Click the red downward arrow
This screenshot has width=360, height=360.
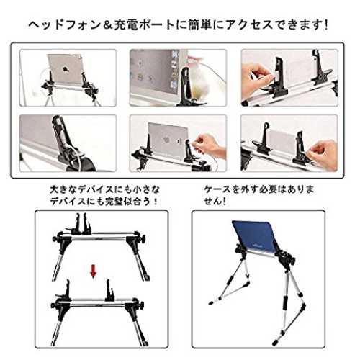click(93, 271)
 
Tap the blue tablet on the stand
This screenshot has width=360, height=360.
click(254, 238)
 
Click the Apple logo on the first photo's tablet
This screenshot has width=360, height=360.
click(66, 69)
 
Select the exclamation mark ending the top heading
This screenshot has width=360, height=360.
click(325, 25)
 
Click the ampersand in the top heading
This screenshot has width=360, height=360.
click(107, 25)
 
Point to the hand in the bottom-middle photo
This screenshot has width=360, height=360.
click(210, 145)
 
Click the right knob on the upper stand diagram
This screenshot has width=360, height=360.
click(143, 239)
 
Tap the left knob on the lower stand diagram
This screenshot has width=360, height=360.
click(54, 306)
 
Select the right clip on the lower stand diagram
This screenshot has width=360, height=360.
click(109, 290)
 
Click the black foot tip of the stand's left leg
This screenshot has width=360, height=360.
click(211, 303)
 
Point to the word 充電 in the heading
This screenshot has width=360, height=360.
click(126, 25)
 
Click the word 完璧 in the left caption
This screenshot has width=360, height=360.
click(118, 201)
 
